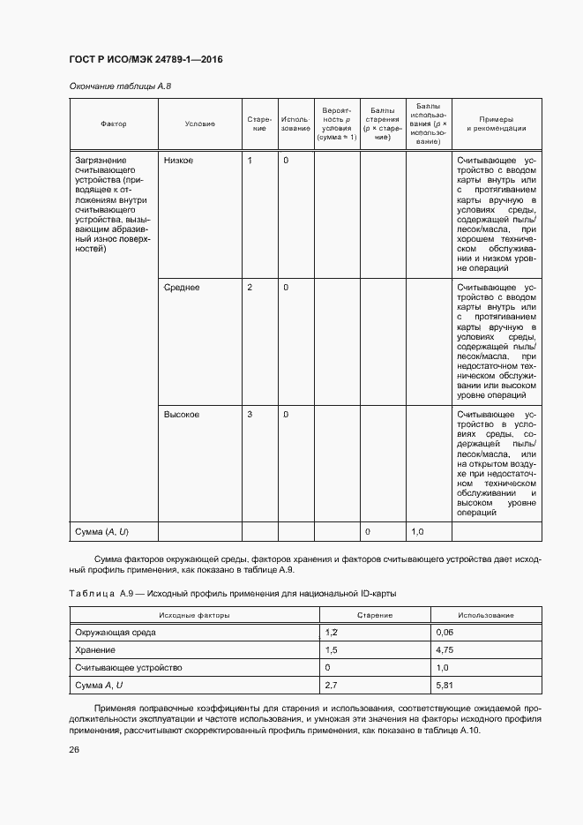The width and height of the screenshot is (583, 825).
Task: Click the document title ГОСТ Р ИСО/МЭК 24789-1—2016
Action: pyautogui.click(x=146, y=59)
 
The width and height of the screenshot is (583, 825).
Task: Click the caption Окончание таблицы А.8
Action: pyautogui.click(x=120, y=86)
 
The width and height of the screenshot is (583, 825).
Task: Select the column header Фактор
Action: pyautogui.click(x=114, y=124)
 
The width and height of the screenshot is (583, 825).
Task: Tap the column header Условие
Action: pyautogui.click(x=199, y=124)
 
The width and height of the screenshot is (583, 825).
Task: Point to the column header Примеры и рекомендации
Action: pyautogui.click(x=496, y=124)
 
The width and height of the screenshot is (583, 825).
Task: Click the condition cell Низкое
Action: pyautogui.click(x=179, y=161)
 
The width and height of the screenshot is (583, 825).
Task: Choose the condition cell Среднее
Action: pyautogui.click(x=182, y=288)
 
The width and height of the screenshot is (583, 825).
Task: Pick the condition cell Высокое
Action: pyautogui.click(x=182, y=414)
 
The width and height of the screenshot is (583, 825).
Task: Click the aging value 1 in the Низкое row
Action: pyautogui.click(x=250, y=161)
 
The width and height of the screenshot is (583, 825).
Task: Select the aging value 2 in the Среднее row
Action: pyautogui.click(x=250, y=288)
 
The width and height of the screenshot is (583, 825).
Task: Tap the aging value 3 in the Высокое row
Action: pyautogui.click(x=250, y=414)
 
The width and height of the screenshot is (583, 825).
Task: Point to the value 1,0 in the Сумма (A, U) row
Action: pyautogui.click(x=419, y=531)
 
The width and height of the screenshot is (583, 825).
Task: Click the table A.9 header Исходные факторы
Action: pyautogui.click(x=194, y=615)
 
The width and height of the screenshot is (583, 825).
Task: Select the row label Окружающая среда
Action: pyautogui.click(x=120, y=633)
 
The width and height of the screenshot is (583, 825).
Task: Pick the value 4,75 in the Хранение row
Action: pyautogui.click(x=445, y=650)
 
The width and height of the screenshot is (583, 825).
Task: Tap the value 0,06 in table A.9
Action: pyautogui.click(x=445, y=633)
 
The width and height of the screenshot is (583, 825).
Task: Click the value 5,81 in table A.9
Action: pyautogui.click(x=445, y=685)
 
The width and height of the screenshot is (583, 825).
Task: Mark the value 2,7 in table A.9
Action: pyautogui.click(x=333, y=685)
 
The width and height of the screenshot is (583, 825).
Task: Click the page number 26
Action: pyautogui.click(x=74, y=749)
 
